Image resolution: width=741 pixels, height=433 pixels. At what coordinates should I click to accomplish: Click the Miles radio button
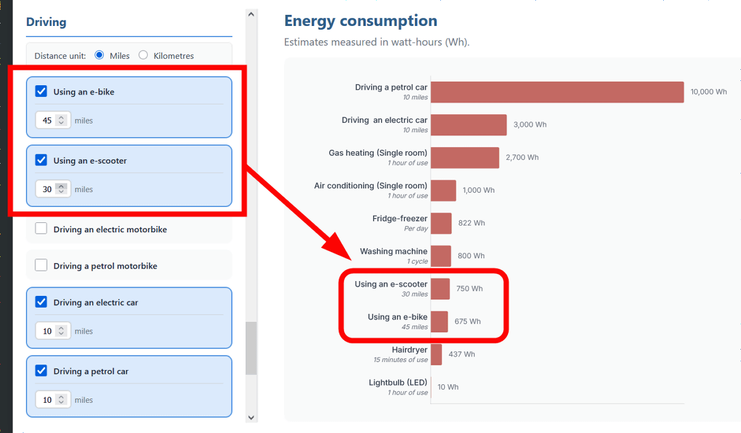pyautogui.click(x=99, y=55)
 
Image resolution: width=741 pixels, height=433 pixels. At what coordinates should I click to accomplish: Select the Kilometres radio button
pyautogui.click(x=143, y=55)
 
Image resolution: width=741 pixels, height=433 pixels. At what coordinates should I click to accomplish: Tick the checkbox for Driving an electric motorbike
pyautogui.click(x=41, y=229)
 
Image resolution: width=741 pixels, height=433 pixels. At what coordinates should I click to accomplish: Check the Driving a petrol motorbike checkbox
pyautogui.click(x=41, y=266)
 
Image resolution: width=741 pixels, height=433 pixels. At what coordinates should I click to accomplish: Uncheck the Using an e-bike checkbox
pyautogui.click(x=41, y=91)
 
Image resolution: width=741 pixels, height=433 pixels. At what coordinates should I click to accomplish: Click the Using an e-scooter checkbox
pyautogui.click(x=41, y=160)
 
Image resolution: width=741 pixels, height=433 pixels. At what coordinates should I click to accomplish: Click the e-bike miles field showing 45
pyautogui.click(x=48, y=120)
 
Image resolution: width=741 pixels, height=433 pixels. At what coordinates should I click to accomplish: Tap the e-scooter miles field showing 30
pyautogui.click(x=48, y=189)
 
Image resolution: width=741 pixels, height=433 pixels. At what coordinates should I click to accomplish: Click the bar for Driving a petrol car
pyautogui.click(x=557, y=92)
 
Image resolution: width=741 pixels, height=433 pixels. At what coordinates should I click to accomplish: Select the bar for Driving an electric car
pyautogui.click(x=469, y=125)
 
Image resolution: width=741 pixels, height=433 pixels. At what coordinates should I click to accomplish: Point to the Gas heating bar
pyautogui.click(x=464, y=158)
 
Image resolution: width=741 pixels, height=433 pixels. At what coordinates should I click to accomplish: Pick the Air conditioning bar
pyautogui.click(x=443, y=190)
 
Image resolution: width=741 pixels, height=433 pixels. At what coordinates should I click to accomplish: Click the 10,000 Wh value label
pyautogui.click(x=708, y=92)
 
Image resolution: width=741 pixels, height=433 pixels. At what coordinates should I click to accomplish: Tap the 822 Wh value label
pyautogui.click(x=471, y=223)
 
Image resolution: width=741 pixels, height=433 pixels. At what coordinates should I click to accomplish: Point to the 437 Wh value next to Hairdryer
pyautogui.click(x=462, y=354)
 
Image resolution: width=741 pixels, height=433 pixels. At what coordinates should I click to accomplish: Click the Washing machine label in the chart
pyautogui.click(x=393, y=251)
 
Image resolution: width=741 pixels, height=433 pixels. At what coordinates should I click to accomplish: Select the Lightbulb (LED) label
pyautogui.click(x=398, y=382)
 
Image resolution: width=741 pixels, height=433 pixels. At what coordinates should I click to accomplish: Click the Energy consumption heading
pyautogui.click(x=361, y=21)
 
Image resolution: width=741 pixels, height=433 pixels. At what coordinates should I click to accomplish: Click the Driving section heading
pyautogui.click(x=46, y=22)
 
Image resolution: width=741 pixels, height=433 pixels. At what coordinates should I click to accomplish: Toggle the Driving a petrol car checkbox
pyautogui.click(x=41, y=371)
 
